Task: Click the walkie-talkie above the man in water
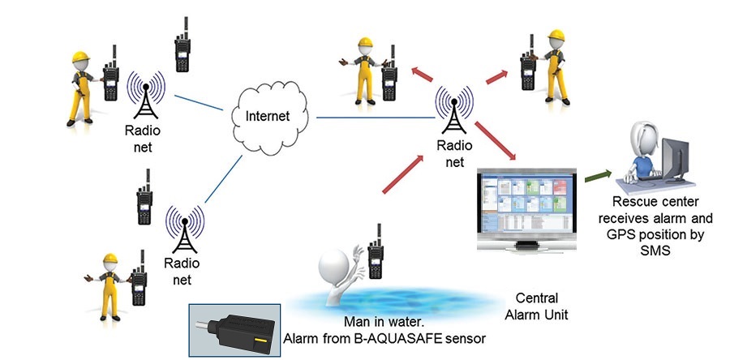pos(375,253)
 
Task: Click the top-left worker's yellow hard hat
pos(79,58)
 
